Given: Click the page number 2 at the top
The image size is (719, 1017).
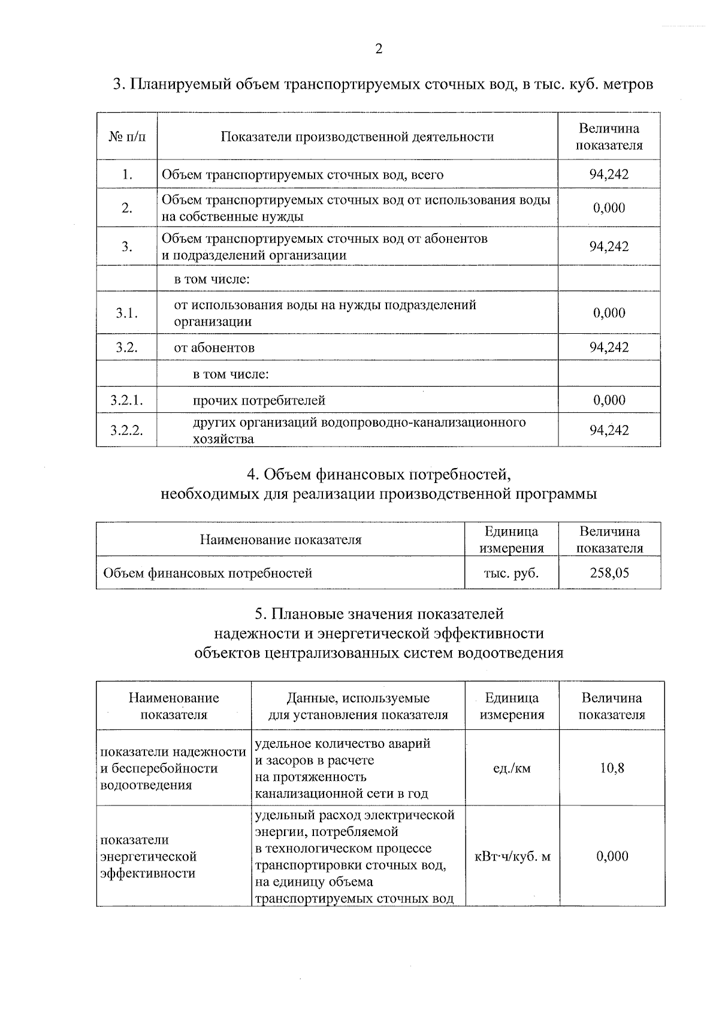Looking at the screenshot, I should pyautogui.click(x=378, y=49).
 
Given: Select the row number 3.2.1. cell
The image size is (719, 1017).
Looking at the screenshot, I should pyautogui.click(x=126, y=400).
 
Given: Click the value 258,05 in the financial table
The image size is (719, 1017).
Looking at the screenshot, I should pyautogui.click(x=609, y=573).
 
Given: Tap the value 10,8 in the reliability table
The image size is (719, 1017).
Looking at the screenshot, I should pyautogui.click(x=612, y=768).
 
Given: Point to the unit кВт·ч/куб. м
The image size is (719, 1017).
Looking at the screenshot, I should pyautogui.click(x=512, y=856).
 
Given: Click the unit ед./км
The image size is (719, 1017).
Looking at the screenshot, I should pyautogui.click(x=512, y=768).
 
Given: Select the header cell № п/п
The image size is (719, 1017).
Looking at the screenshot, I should pyautogui.click(x=126, y=137).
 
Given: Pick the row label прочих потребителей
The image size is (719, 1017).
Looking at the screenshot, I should pyautogui.click(x=259, y=400).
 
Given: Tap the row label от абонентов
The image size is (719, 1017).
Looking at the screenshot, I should pyautogui.click(x=214, y=348).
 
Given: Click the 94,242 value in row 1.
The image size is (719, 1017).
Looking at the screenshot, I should pyautogui.click(x=609, y=175).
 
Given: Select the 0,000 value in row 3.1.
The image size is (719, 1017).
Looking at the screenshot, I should pyautogui.click(x=609, y=313).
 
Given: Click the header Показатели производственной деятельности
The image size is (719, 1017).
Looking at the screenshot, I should pyautogui.click(x=357, y=137).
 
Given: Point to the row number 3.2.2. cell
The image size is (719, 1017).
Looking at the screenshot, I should pyautogui.click(x=126, y=430).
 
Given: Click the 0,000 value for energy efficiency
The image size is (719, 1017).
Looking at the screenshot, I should pyautogui.click(x=612, y=856).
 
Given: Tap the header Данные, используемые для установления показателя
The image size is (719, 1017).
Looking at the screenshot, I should pyautogui.click(x=358, y=706).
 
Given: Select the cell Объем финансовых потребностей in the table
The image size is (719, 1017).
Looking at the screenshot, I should pyautogui.click(x=207, y=573).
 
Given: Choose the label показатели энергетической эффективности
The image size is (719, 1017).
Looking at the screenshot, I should pyautogui.click(x=149, y=856).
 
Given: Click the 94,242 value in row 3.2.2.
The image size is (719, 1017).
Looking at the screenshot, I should pyautogui.click(x=609, y=430).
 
